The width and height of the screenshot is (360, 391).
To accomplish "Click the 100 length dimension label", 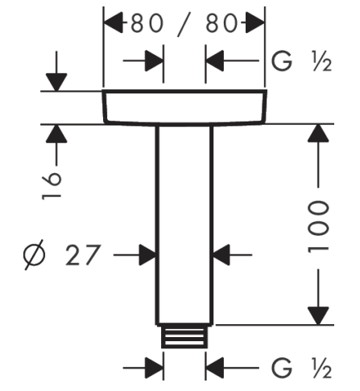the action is pyautogui.click(x=318, y=227).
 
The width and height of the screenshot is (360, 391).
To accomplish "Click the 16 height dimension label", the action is pyautogui.click(x=52, y=186).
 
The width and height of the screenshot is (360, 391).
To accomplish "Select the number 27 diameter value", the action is pyautogui.click(x=83, y=255).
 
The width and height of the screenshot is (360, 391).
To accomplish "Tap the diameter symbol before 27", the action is pyautogui.click(x=34, y=254).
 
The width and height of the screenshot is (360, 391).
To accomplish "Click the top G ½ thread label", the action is pyautogui.click(x=301, y=61).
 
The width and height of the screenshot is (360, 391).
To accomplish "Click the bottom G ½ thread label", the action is pyautogui.click(x=301, y=368).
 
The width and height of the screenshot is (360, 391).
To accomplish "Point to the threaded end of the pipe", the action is pyautogui.click(x=184, y=337).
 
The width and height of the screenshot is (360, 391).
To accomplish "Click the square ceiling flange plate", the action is pyautogui.click(x=184, y=108).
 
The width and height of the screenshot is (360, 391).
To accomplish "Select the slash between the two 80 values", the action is pyautogui.click(x=184, y=23).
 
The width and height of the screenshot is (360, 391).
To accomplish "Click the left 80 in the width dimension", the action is pyautogui.click(x=147, y=23).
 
